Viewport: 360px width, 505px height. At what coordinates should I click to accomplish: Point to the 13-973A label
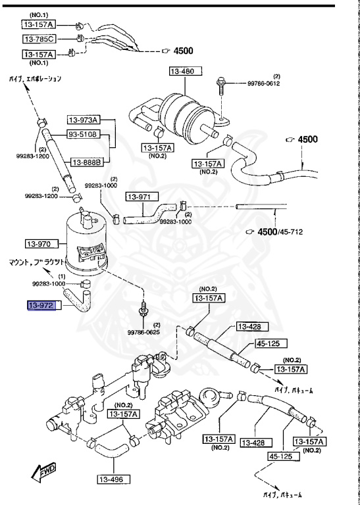click(83, 120)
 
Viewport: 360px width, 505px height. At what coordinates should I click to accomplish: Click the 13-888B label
click(86, 162)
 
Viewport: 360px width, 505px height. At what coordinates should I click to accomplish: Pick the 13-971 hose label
click(139, 197)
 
